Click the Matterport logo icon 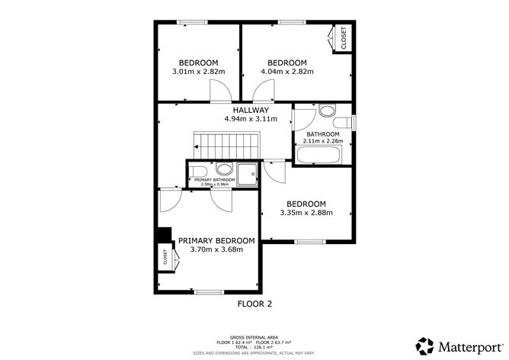click(x=423, y=343)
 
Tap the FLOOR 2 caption click(x=254, y=304)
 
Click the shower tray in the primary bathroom click(x=247, y=175)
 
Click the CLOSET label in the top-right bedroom click(x=344, y=38)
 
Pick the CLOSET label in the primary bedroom click(x=165, y=259)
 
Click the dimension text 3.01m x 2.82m click(x=198, y=72)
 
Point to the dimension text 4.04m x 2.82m click(x=287, y=72)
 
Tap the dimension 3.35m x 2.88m click(x=306, y=214)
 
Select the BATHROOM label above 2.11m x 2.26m click(x=323, y=134)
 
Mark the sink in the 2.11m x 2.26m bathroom click(x=326, y=111)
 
